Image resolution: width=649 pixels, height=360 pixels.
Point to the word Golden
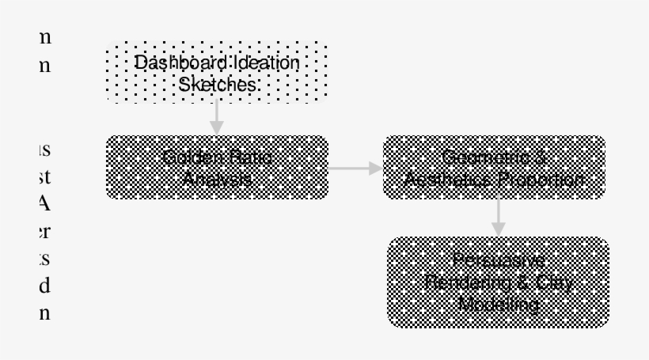click(188, 157)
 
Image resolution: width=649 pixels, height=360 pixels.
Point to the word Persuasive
click(498, 260)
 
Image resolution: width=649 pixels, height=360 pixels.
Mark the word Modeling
click(498, 305)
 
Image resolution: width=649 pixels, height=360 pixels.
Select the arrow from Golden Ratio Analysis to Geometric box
click(355, 168)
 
